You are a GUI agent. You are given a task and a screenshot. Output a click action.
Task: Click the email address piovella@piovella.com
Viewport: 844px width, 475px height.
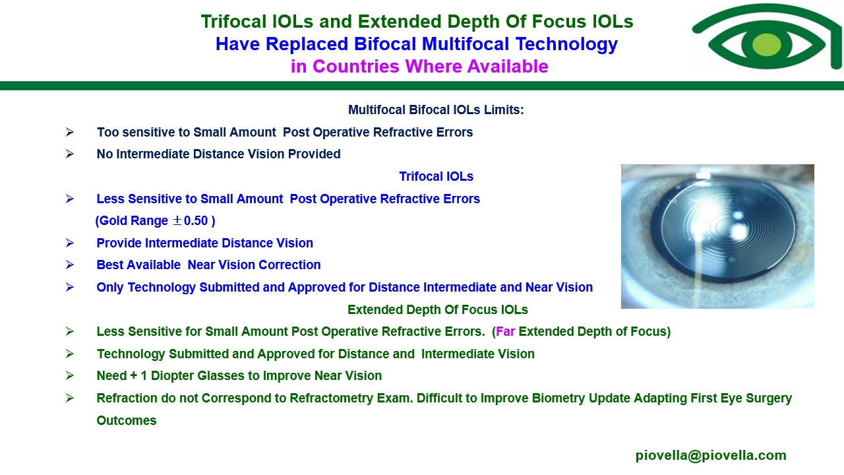pos(711,455)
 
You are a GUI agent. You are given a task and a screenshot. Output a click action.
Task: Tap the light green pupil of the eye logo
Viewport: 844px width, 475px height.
pos(766,44)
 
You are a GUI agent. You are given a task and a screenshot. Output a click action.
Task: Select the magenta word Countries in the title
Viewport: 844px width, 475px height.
pos(355,67)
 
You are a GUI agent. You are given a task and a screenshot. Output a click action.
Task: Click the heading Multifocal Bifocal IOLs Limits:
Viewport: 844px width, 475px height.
pos(436,110)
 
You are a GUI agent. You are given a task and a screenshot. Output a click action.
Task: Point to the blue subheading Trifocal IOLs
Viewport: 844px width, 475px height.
pos(436,176)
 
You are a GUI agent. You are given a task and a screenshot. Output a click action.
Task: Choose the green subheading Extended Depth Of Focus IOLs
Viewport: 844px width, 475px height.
pos(437,309)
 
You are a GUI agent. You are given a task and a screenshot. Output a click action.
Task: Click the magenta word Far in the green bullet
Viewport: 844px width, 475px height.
pos(505,331)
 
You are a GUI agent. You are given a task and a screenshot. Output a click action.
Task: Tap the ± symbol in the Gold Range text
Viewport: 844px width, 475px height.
pos(177,220)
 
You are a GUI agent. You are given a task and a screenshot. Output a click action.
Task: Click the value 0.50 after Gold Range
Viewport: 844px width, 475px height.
pos(196,220)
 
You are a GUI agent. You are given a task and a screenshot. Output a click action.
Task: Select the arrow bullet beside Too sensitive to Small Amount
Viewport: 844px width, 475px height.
pos(70,132)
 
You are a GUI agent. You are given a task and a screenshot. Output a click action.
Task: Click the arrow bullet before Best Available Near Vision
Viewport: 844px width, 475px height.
pos(70,265)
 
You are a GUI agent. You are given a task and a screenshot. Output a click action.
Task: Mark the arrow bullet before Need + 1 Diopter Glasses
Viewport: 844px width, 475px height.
pos(70,375)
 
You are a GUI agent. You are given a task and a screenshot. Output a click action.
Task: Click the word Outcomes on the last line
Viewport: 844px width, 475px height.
pos(126,420)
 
